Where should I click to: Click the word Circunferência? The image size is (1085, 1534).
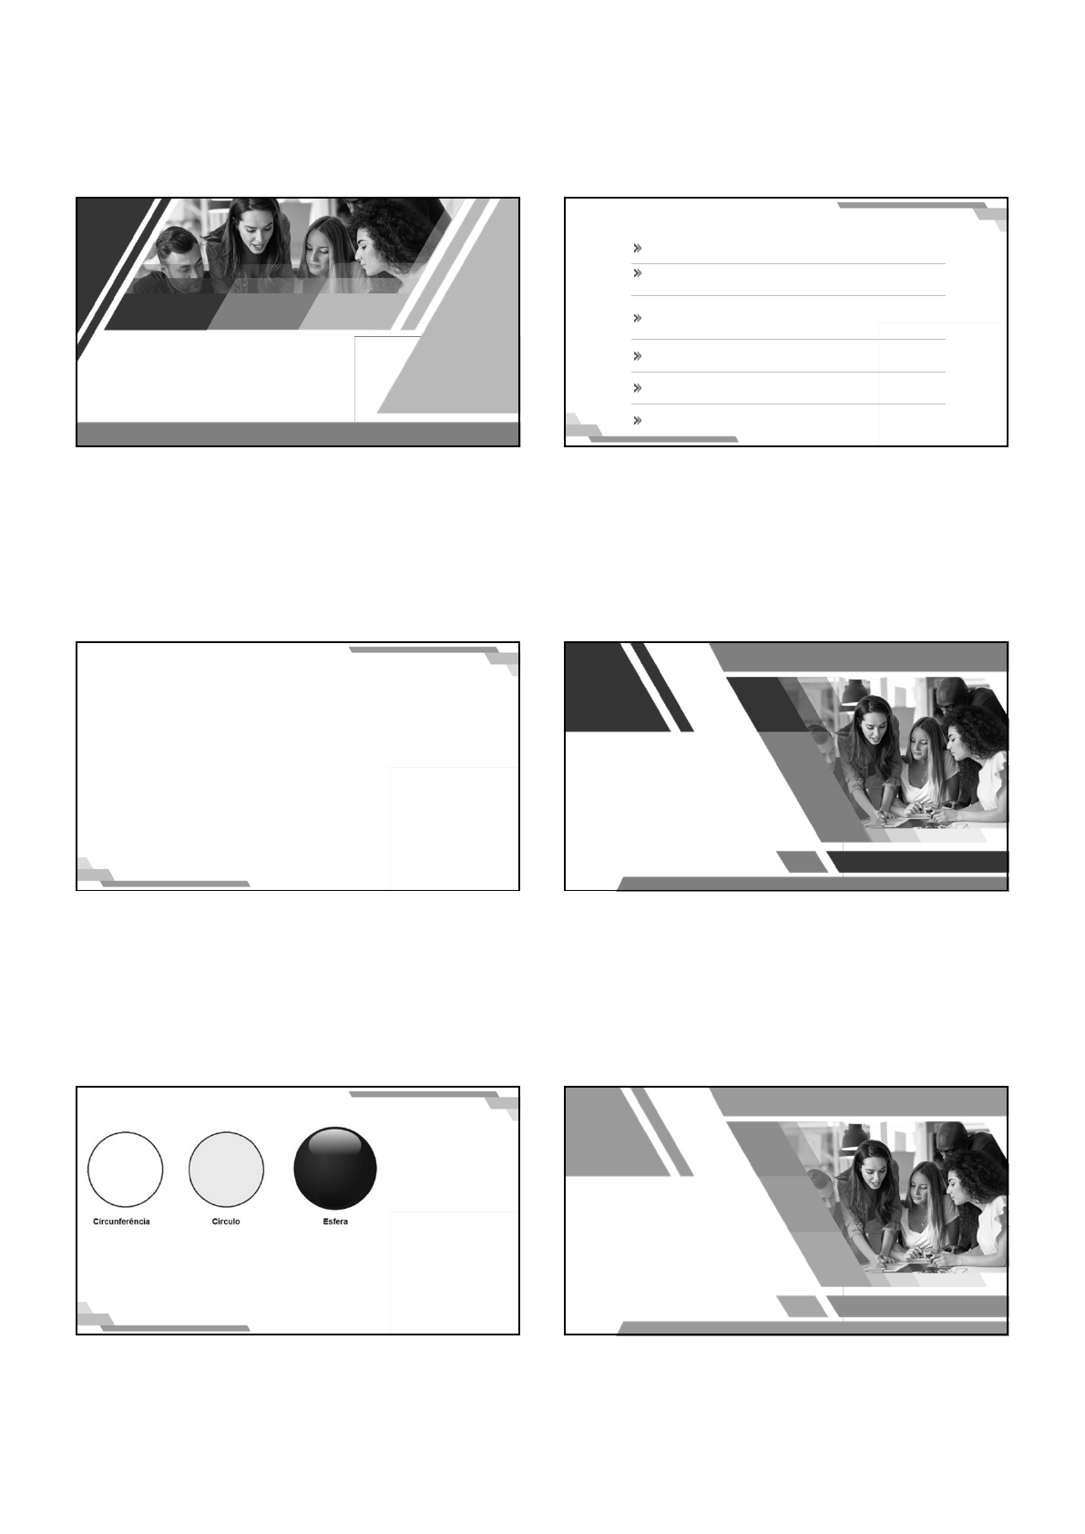[x=121, y=1221]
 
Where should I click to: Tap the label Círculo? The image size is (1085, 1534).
[x=226, y=1221]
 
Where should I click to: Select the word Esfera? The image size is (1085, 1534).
[x=335, y=1221]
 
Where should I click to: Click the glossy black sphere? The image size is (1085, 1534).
[x=335, y=1168]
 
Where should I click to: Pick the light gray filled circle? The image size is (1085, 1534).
[x=226, y=1169]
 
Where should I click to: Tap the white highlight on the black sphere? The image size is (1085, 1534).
[x=335, y=1140]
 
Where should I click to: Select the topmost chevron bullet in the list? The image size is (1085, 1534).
[x=638, y=248]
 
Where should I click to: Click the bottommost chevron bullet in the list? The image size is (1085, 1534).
[x=638, y=421]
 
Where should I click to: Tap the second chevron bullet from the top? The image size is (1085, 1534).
[x=638, y=273]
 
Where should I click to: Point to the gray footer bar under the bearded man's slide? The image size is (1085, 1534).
[x=298, y=435]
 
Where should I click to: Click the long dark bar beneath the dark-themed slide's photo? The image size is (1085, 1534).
[x=918, y=862]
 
